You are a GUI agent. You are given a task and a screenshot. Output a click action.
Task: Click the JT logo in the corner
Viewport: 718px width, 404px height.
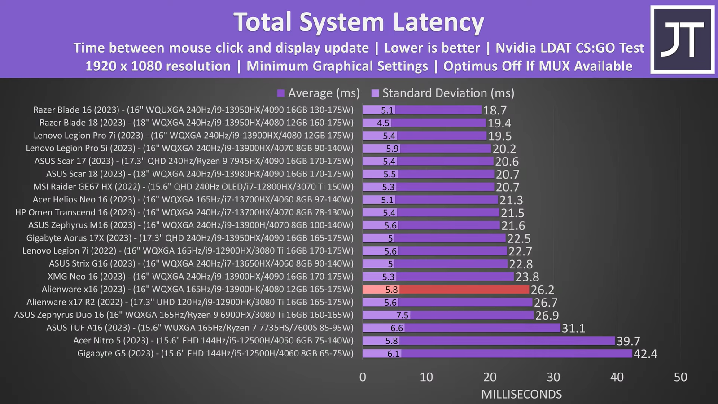tap(683, 40)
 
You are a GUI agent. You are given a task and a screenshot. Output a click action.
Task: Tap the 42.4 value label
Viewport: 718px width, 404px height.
tap(645, 354)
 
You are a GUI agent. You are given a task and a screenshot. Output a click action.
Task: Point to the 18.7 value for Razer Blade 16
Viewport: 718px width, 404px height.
tap(495, 110)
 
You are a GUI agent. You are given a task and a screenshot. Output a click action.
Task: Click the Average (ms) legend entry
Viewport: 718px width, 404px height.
tap(319, 93)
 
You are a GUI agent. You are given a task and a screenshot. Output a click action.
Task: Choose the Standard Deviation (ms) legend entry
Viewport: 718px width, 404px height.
tap(443, 93)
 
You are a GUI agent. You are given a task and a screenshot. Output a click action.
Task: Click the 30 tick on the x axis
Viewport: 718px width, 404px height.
tap(553, 377)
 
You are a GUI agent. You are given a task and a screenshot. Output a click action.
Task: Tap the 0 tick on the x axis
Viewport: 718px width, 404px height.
tap(363, 377)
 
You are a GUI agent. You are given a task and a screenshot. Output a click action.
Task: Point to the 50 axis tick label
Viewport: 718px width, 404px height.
tap(680, 377)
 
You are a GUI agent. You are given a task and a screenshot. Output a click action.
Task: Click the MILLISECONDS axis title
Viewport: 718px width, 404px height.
tap(521, 394)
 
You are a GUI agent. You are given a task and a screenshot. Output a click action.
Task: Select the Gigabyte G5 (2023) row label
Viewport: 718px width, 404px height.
tap(215, 353)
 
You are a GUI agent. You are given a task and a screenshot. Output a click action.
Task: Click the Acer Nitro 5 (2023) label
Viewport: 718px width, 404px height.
tap(213, 340)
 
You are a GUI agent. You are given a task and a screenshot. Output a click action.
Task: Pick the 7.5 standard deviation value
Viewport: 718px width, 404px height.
tap(402, 315)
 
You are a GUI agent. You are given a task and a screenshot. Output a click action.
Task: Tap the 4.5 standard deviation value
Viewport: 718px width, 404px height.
tap(383, 123)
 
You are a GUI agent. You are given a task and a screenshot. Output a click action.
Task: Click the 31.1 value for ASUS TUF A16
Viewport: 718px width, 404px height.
tap(574, 329)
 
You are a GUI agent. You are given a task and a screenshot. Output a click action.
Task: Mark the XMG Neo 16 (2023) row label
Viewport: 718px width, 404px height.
tap(201, 277)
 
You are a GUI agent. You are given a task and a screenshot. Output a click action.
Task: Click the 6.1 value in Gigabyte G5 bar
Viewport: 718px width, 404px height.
tap(394, 354)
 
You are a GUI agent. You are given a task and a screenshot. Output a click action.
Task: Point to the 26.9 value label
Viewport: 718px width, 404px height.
tap(547, 316)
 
